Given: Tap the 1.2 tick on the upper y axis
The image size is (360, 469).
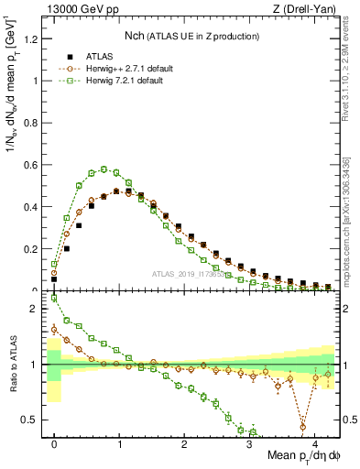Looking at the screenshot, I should pos(34,38).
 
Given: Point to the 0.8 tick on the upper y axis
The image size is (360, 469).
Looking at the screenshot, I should pos(34,122).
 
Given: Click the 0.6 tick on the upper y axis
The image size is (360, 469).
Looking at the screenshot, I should pos(34,164).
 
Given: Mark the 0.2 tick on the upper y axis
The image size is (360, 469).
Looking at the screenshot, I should pos(34,249).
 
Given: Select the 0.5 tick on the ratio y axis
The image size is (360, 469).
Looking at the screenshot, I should pos(34,420).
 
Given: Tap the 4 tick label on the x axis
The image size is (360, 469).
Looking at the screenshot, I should pos(315,445).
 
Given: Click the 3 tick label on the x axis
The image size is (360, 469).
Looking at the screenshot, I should pos(250,445).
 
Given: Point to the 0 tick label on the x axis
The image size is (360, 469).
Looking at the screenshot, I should pos(54,445).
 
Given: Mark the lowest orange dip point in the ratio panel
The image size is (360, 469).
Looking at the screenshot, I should pos(303,427).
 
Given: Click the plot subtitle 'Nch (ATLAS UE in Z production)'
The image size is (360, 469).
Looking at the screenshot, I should pos(191,37).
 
